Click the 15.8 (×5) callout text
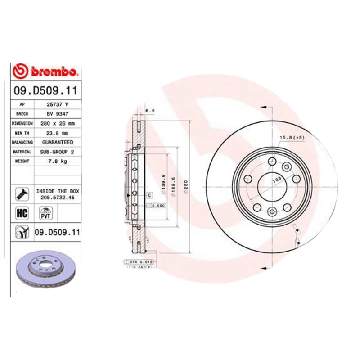292,137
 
